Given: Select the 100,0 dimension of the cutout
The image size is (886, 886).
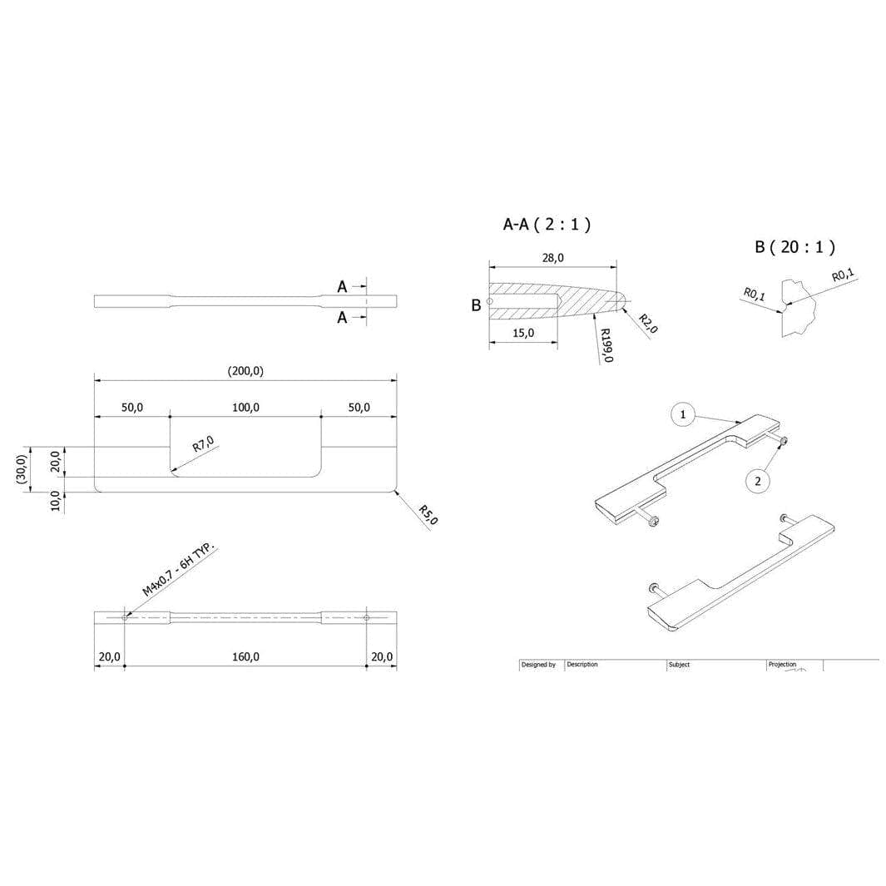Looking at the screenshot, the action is pyautogui.click(x=245, y=408).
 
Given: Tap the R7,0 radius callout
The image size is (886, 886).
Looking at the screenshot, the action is pyautogui.click(x=204, y=444).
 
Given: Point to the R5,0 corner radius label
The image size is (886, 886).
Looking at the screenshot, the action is pyautogui.click(x=428, y=515).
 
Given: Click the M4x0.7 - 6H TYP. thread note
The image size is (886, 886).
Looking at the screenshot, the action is pyautogui.click(x=179, y=570).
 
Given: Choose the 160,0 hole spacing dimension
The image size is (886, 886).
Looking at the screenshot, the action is pyautogui.click(x=245, y=656).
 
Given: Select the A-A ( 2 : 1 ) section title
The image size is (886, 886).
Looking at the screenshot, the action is pyautogui.click(x=547, y=225).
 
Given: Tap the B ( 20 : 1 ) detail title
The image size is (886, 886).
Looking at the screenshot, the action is pyautogui.click(x=794, y=247).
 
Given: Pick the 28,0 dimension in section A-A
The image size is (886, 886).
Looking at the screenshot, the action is pyautogui.click(x=552, y=258).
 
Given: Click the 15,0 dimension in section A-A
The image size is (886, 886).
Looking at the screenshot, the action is pyautogui.click(x=523, y=333).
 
